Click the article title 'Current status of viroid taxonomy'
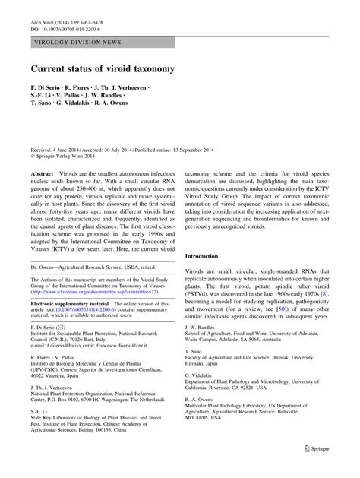pyautogui.click(x=103, y=68)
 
